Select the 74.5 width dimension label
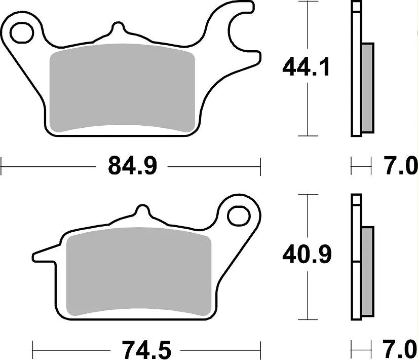(x=147, y=349)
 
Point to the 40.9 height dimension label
(x=307, y=255)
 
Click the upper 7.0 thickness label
(x=400, y=166)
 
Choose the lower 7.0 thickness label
(x=400, y=349)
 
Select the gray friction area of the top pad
(x=122, y=88)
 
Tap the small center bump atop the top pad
(x=118, y=28)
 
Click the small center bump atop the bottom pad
(x=142, y=211)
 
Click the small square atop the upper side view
(x=357, y=7)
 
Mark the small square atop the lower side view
(x=357, y=199)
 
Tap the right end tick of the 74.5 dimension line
(x=260, y=349)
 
